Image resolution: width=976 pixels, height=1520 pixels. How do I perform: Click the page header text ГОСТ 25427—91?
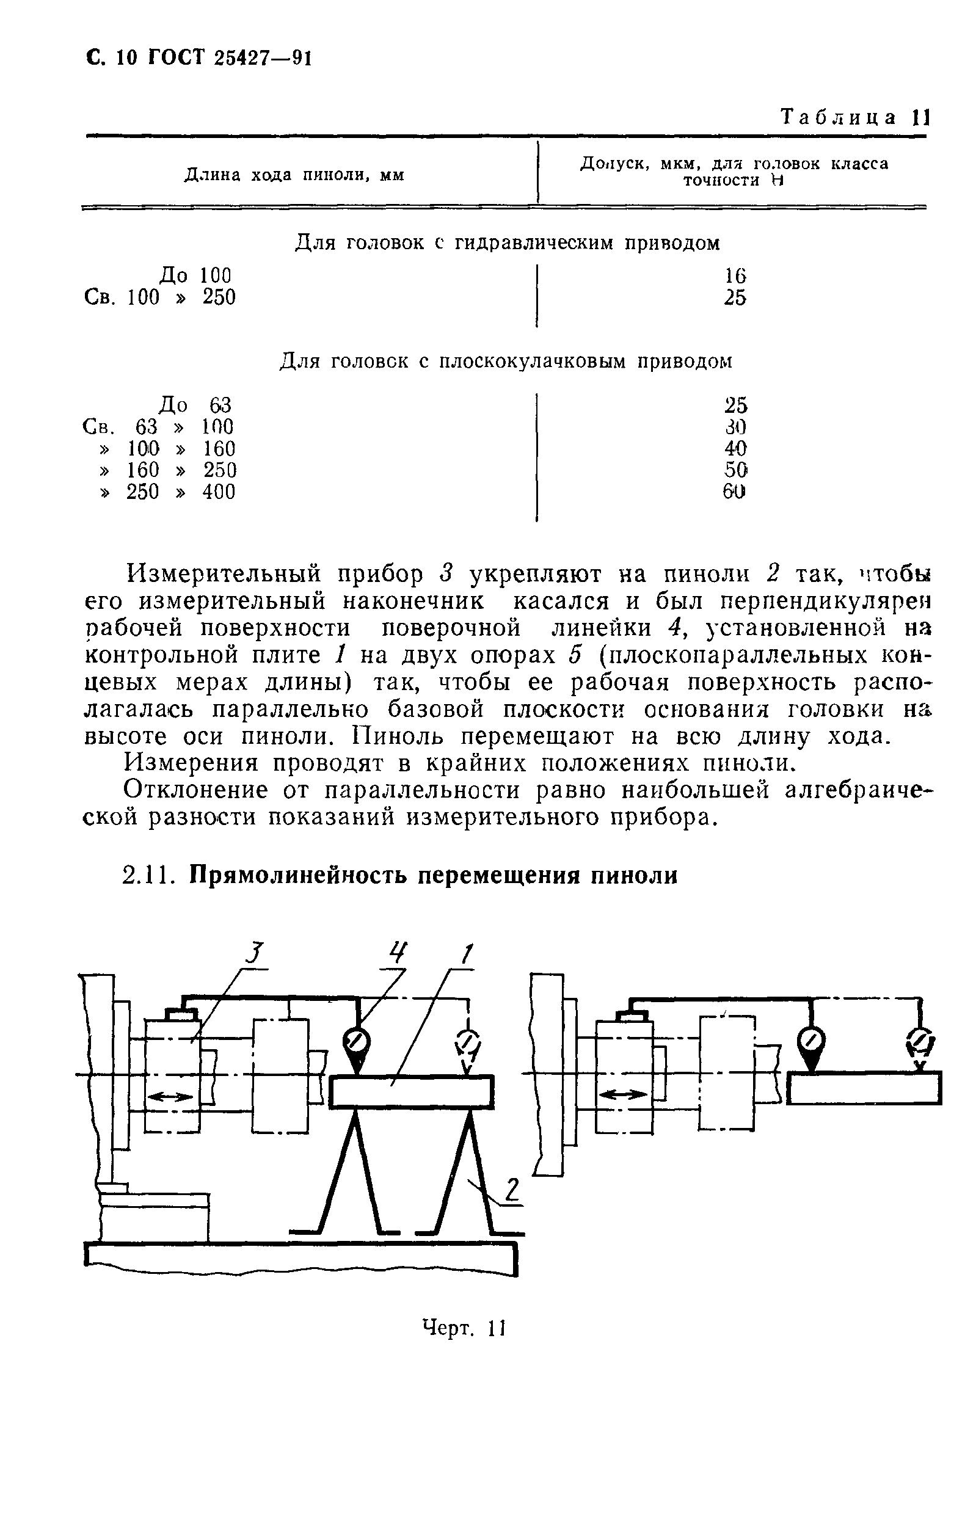coord(230,58)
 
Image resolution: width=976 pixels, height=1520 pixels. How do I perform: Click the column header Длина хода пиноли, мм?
coord(294,175)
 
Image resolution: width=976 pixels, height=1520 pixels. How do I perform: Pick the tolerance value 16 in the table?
coord(735,275)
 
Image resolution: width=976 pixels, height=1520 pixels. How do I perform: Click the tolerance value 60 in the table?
coord(734,491)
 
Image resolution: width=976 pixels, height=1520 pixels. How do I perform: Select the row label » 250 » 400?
coord(168,492)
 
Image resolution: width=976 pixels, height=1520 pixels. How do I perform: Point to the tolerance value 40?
coord(735,449)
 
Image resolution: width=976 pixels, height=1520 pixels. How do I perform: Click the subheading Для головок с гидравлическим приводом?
coord(507,242)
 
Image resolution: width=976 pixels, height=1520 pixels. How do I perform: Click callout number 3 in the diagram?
coord(253,953)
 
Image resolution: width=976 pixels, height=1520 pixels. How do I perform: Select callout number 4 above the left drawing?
coord(398,952)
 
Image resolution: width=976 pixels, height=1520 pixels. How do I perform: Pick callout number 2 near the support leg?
coord(512,1190)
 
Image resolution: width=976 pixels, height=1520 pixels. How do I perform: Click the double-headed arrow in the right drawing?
coord(624,1094)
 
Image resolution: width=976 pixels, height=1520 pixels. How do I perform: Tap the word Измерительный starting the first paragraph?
coord(224,574)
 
